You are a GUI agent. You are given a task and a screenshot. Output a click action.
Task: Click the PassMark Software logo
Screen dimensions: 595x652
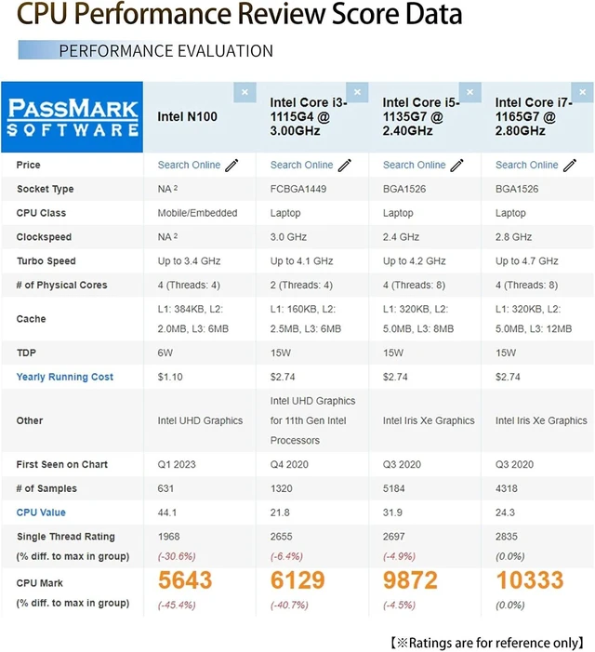(73, 117)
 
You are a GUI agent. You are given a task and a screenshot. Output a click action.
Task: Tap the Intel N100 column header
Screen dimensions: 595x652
(188, 116)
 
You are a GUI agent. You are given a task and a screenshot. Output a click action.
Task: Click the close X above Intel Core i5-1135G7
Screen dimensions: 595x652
(469, 92)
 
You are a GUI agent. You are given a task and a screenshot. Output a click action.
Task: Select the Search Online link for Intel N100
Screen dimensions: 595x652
(189, 165)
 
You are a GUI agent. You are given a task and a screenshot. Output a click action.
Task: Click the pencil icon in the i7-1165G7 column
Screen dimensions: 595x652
(570, 165)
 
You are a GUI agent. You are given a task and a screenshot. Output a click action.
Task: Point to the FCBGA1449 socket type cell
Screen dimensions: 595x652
(297, 189)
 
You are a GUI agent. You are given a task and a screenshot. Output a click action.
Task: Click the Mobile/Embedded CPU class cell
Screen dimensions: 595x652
(197, 213)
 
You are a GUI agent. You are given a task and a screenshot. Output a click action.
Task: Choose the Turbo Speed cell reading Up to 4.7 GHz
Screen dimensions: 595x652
(526, 261)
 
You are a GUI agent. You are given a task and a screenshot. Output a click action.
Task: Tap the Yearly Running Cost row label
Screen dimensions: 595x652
(65, 377)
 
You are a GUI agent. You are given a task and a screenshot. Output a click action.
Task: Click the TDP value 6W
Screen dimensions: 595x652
(165, 353)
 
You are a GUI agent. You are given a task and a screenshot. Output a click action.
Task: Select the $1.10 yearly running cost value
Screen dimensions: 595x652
(170, 377)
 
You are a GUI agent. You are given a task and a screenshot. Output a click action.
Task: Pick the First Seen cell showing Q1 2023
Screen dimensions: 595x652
(177, 464)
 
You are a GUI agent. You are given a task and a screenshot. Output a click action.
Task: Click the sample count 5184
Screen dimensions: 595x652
(393, 488)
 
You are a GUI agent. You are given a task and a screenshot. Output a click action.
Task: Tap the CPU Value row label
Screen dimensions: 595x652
(41, 512)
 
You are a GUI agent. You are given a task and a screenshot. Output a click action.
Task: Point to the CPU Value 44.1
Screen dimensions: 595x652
(167, 512)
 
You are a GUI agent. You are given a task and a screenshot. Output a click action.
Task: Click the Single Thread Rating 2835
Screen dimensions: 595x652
(506, 537)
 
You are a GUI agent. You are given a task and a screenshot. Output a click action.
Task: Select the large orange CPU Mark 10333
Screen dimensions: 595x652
(530, 580)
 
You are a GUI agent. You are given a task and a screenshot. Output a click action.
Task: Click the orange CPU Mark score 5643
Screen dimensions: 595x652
(185, 580)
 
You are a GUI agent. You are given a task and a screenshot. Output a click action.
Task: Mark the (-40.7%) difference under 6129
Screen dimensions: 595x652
(289, 605)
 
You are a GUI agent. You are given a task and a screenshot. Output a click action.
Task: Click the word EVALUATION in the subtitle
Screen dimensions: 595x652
(226, 51)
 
